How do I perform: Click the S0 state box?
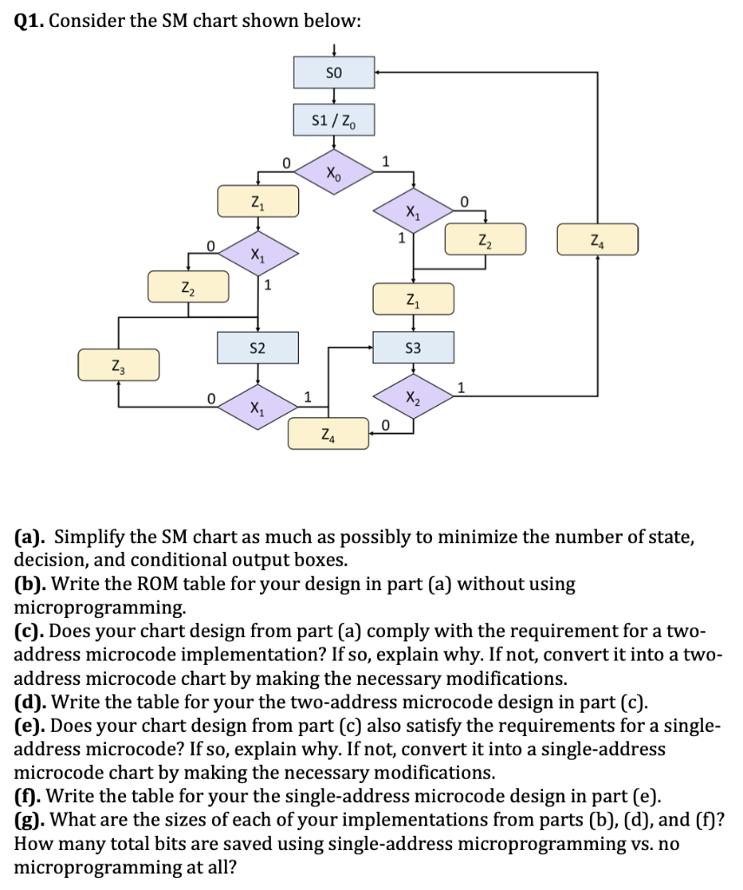pos(335,72)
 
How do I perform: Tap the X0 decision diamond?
pos(335,172)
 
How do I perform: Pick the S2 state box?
pos(257,347)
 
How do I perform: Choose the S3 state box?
pos(413,347)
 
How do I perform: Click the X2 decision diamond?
pos(413,397)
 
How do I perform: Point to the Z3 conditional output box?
pos(118,365)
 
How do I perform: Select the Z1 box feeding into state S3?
pos(413,299)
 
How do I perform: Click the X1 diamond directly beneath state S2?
pos(257,406)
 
